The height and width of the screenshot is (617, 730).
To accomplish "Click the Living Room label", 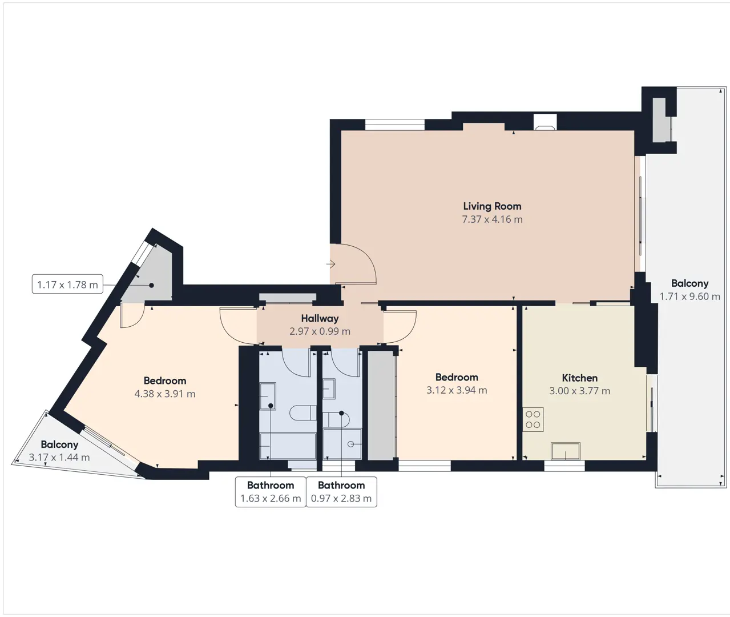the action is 492,206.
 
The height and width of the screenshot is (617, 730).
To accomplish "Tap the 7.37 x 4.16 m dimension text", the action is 492,219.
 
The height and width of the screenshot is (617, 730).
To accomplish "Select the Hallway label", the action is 320,318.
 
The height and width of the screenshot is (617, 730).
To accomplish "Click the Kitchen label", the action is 580,378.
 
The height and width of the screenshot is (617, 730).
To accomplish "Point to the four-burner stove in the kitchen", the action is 533,419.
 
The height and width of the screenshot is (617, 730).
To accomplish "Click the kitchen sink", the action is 565,451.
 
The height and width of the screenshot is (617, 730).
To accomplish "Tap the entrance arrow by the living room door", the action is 330,264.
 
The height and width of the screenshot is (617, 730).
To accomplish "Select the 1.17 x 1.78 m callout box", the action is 67,284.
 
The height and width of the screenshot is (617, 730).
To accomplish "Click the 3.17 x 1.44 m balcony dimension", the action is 59,458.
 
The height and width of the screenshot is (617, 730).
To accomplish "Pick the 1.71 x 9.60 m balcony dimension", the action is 689,297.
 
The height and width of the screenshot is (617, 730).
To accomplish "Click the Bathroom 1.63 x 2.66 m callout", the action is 271,492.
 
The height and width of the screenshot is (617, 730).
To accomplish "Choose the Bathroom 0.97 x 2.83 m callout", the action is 341,492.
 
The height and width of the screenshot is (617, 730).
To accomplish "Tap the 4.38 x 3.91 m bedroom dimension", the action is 165,394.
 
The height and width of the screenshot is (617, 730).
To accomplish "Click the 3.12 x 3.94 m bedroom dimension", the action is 457,390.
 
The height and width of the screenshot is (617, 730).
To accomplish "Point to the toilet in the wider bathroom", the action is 303,413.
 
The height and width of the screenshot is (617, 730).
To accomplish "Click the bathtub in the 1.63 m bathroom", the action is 288,446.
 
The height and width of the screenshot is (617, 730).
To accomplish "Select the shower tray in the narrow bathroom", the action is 342,444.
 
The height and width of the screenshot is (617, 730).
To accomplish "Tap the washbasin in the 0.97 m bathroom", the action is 329,388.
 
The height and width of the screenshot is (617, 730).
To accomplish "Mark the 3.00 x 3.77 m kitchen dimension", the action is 580,391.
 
